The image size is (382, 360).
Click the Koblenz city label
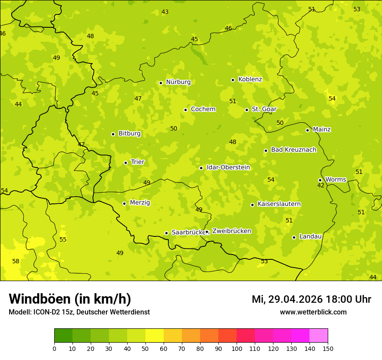coord(250,79)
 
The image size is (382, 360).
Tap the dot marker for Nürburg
coord(161,83)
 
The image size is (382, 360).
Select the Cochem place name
coord(203,109)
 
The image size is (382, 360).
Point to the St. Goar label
coord(264,109)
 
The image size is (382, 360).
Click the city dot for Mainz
coord(307,130)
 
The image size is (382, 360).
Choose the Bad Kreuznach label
coord(293,150)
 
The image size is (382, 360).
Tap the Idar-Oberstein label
coord(228,167)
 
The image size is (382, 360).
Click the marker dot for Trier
coord(126,163)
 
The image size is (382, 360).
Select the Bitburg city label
coord(129,134)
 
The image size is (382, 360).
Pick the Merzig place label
coord(140,203)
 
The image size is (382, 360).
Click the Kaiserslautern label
coord(279,204)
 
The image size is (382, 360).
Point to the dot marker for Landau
coord(294,237)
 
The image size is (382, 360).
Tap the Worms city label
coord(335,180)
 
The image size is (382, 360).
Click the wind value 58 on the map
coord(16,261)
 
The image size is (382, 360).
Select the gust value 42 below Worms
coord(321,186)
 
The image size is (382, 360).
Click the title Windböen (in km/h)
coord(70,299)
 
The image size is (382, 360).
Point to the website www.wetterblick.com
coord(313,312)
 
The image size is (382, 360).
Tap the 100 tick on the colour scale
coord(237,348)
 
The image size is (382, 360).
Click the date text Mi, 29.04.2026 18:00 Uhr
coord(311,299)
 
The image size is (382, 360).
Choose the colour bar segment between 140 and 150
coord(319,336)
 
